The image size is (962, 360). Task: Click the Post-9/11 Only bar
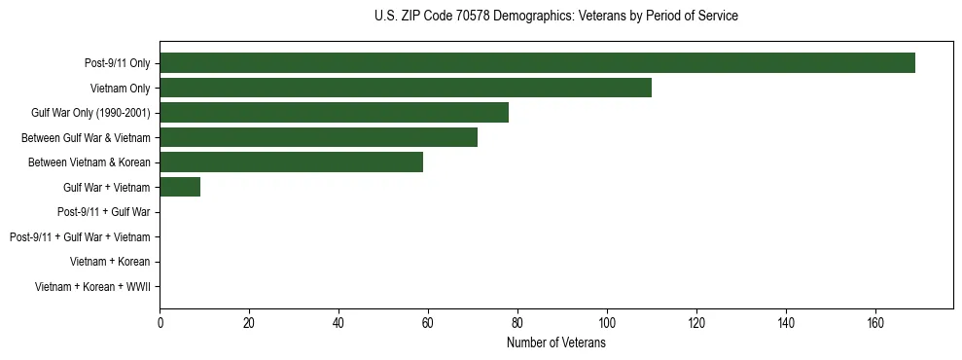[537, 63]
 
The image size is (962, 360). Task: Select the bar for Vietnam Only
[406, 88]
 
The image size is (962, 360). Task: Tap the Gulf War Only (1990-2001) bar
[334, 113]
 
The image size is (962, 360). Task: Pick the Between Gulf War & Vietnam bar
[318, 137]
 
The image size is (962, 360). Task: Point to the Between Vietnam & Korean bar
[291, 162]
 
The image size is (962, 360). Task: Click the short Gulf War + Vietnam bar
[180, 187]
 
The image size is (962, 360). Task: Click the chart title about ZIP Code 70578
[555, 17]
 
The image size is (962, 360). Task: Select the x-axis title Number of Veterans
[555, 342]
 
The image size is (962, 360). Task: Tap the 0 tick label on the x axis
[160, 323]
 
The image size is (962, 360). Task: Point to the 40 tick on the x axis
[338, 323]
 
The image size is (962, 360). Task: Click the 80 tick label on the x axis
[517, 323]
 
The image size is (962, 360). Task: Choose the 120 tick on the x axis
[696, 323]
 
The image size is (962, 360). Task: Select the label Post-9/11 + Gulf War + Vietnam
[80, 236]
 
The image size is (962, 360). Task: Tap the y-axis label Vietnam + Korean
[110, 262]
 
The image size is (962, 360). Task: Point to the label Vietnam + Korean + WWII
[92, 286]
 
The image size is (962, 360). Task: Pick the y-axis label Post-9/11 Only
[118, 63]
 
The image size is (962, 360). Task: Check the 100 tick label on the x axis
[607, 323]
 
